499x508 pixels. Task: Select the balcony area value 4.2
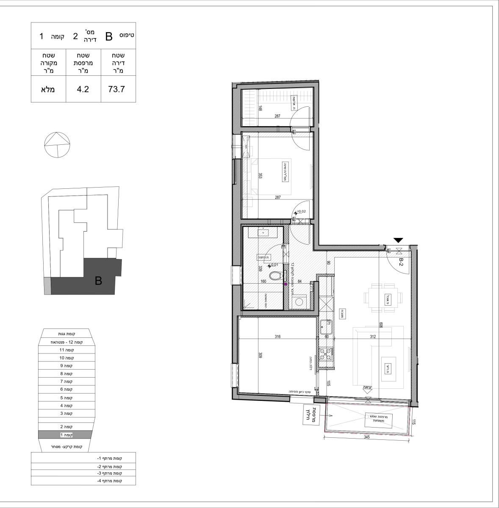83,89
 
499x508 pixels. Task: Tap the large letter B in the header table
108,37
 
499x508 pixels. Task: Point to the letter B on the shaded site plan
98,280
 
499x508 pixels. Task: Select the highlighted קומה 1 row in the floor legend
64,435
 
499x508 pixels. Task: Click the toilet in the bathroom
276,276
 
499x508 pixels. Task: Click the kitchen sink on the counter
327,325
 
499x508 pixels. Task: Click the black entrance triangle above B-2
399,240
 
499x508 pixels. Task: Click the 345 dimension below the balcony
367,437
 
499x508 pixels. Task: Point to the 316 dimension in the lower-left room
277,337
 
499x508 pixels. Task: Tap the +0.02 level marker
301,211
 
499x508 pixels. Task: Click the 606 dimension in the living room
381,325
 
